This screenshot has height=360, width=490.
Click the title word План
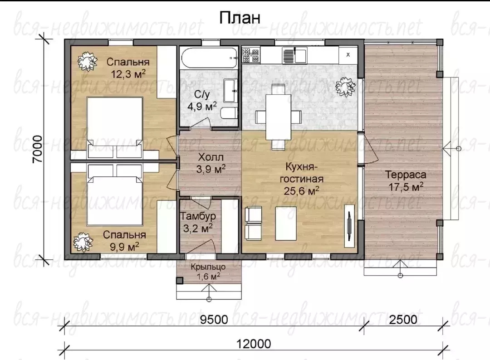(x=240, y=18)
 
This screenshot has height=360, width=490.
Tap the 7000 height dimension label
(x=38, y=149)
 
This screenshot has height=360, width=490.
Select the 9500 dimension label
(x=214, y=319)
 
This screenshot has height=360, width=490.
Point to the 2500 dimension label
(x=403, y=319)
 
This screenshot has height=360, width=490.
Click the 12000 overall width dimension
(x=254, y=344)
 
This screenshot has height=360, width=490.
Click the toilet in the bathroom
(x=229, y=113)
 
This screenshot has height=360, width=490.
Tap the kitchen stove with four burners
(x=251, y=55)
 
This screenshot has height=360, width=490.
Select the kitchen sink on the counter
(x=295, y=55)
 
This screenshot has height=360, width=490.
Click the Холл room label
(x=211, y=157)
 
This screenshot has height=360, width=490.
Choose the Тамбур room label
(x=198, y=216)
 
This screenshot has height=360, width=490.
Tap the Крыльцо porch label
(x=208, y=267)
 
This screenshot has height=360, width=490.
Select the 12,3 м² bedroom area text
(x=128, y=74)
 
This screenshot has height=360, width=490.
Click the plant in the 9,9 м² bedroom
(x=83, y=242)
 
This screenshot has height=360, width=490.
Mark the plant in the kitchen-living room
(x=346, y=87)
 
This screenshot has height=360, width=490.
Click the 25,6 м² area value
(x=302, y=190)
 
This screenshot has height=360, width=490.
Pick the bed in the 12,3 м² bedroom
(x=115, y=127)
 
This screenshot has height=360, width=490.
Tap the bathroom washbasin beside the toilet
(x=230, y=91)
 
